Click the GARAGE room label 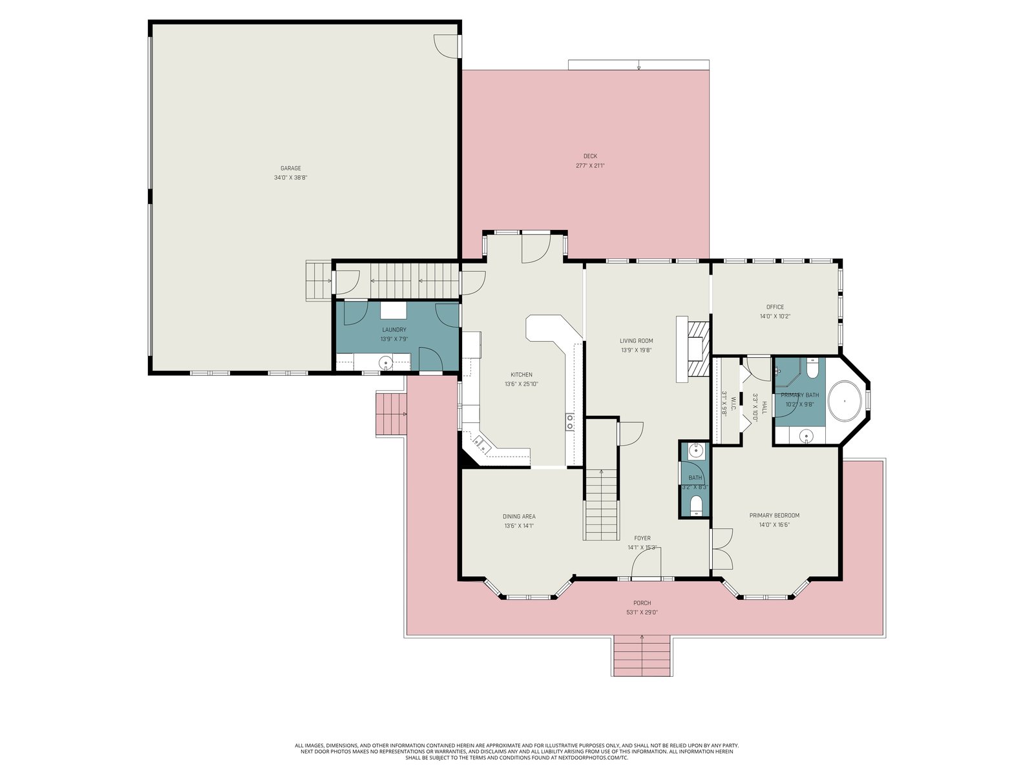click(x=290, y=168)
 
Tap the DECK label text click(x=590, y=156)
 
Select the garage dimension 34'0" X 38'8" click(x=290, y=178)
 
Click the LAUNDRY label click(x=394, y=330)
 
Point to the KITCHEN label click(x=521, y=375)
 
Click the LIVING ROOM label click(x=636, y=341)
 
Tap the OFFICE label click(x=775, y=307)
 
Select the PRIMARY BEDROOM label click(x=774, y=515)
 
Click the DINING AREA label click(x=519, y=516)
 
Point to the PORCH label click(x=642, y=603)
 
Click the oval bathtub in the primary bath click(x=845, y=401)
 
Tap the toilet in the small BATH click(x=696, y=507)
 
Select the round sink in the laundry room click(x=386, y=363)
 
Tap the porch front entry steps click(x=642, y=656)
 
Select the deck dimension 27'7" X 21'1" click(x=590, y=165)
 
